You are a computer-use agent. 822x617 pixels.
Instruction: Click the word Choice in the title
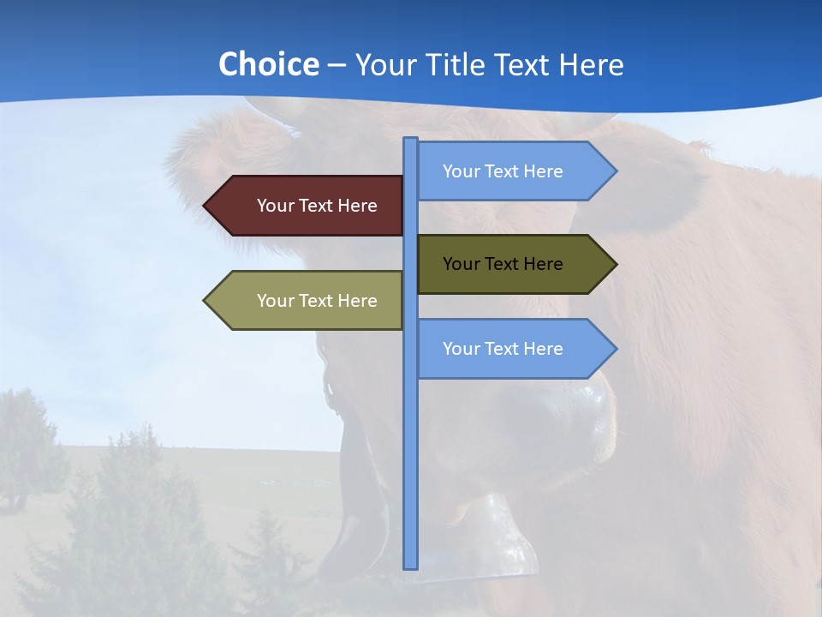268,64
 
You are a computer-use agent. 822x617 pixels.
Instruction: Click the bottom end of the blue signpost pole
411,566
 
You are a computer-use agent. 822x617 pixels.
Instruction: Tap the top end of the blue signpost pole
411,140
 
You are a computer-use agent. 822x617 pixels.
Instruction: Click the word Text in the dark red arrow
316,206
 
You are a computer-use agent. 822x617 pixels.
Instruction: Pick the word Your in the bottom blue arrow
461,349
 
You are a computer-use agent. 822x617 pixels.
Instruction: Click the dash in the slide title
337,65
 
